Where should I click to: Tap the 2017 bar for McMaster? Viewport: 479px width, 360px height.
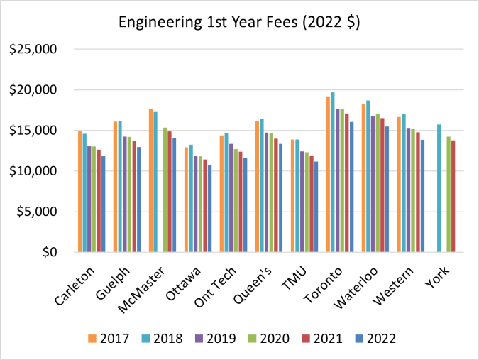click(150, 180)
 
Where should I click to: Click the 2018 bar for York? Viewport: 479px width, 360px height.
click(439, 188)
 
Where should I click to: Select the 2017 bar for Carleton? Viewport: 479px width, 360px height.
click(79, 191)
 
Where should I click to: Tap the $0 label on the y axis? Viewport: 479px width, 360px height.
click(48, 252)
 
